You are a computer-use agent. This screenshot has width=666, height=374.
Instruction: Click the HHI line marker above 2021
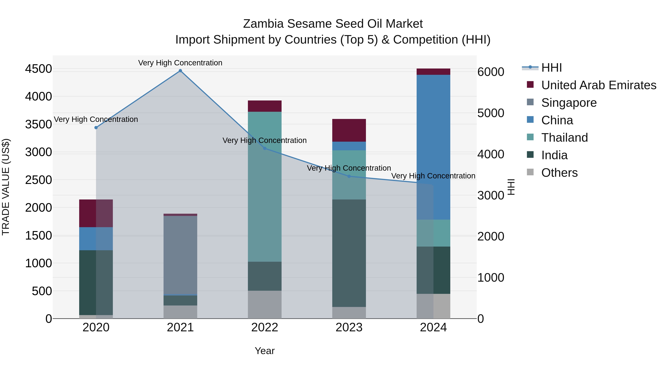[x=180, y=71]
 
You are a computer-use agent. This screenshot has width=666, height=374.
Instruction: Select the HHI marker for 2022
[x=265, y=148]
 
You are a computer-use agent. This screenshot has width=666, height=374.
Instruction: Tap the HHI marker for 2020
[x=96, y=127]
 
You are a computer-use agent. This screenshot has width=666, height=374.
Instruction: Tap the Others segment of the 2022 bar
[x=265, y=305]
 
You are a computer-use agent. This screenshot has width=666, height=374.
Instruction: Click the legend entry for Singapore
[x=569, y=103]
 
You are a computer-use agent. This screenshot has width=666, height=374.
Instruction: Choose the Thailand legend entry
[x=564, y=138]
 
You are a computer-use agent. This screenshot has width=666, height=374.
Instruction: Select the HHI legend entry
[x=551, y=68]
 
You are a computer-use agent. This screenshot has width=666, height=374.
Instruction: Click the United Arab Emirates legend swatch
[x=530, y=85]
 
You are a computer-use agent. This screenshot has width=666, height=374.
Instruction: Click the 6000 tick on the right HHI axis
[x=490, y=72]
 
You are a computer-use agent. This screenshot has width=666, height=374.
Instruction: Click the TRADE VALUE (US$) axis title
[x=6, y=187]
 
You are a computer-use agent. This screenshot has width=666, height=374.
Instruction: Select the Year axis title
[x=265, y=351]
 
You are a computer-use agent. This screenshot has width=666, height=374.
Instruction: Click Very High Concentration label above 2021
[x=180, y=63]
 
